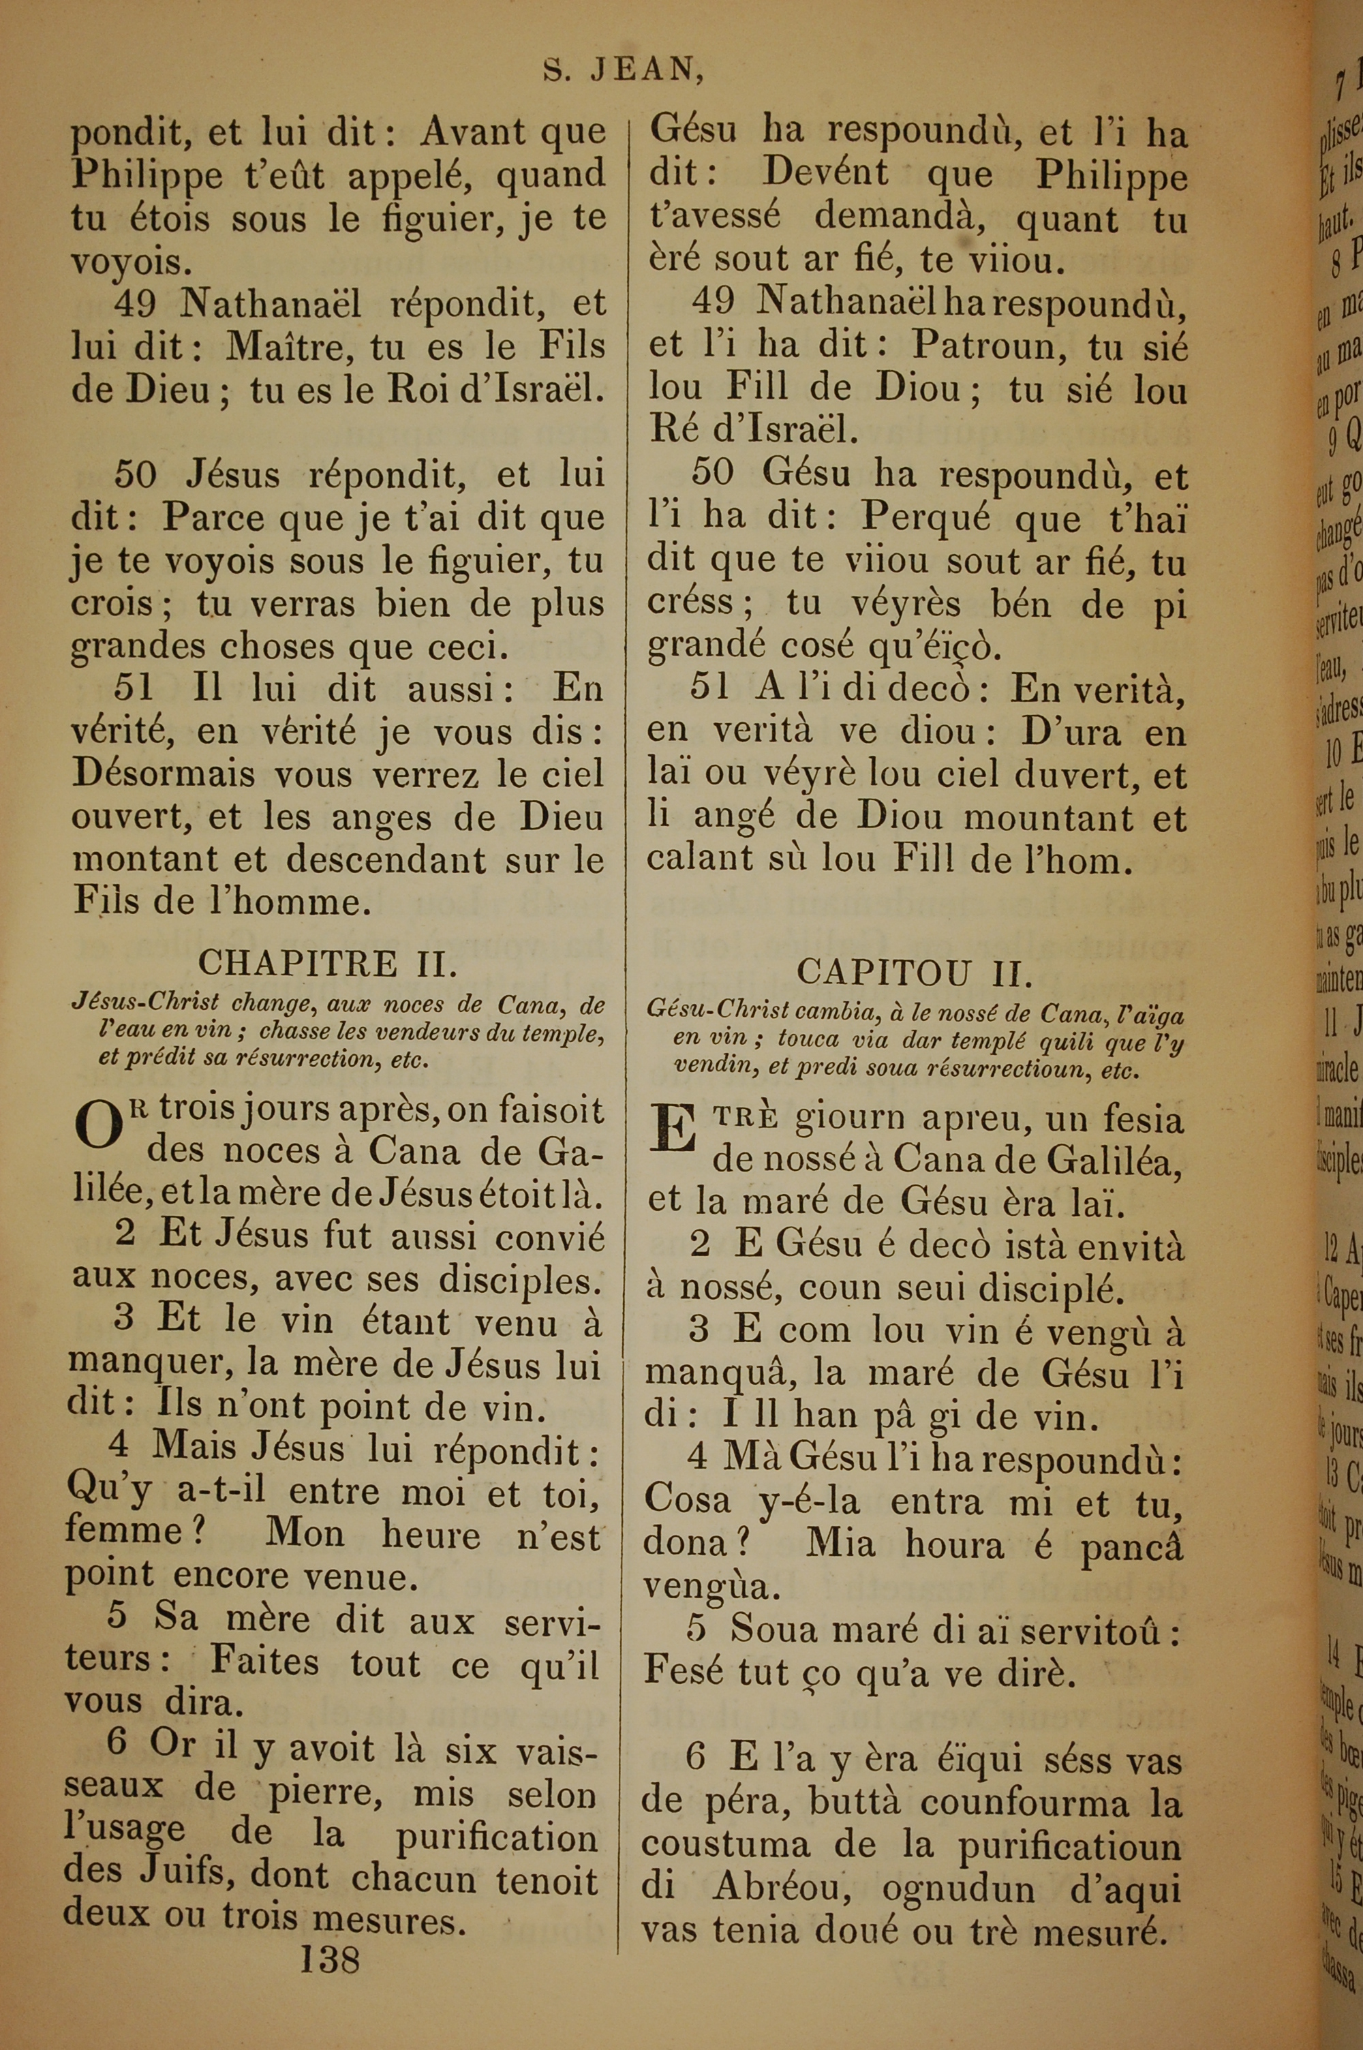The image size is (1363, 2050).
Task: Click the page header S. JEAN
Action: [x=622, y=70]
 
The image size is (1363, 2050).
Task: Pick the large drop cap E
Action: [x=675, y=1131]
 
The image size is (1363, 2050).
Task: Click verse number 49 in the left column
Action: [x=135, y=304]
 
